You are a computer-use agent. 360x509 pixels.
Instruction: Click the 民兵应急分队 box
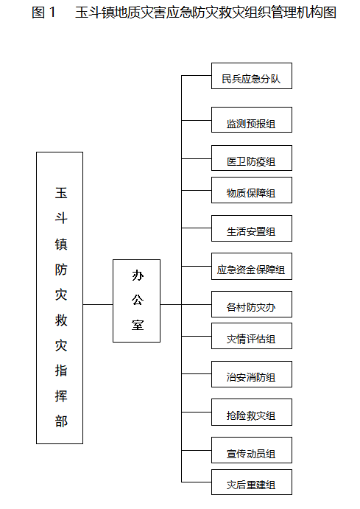point(252,76)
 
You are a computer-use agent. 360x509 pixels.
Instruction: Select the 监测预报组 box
point(252,120)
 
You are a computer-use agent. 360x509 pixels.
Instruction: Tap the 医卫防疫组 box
point(252,158)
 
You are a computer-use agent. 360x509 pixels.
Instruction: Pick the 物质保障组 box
point(252,190)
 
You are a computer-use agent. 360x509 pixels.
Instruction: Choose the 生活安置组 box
point(252,228)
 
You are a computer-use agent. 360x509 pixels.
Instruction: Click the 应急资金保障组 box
point(252,267)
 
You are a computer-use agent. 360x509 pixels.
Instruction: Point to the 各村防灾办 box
point(252,304)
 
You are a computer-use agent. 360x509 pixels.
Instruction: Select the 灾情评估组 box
point(252,337)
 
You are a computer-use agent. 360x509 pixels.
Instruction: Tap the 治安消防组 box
point(252,374)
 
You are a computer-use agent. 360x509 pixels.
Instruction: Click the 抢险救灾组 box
point(252,413)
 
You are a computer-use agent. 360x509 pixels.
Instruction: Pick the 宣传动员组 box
point(252,450)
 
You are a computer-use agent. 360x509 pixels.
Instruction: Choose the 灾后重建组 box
point(252,482)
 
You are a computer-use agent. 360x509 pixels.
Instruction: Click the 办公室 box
point(136,301)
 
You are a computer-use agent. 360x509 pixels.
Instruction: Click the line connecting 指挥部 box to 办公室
point(98,304)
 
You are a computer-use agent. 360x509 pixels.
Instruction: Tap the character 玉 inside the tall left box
point(61,193)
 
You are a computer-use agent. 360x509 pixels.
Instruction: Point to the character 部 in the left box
point(61,421)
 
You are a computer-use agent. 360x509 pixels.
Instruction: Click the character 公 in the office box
point(138,300)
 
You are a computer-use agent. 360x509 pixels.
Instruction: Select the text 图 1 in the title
point(43,13)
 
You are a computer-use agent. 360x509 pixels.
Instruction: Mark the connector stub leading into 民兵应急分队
point(197,76)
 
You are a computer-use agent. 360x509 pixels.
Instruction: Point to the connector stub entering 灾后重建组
point(197,482)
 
